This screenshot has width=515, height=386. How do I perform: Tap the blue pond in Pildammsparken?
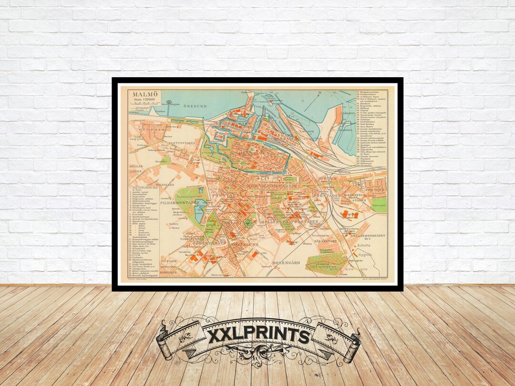tap(199, 210)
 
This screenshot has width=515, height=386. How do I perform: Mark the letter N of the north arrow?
tap(320, 93)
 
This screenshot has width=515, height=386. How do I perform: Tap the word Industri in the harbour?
tap(347, 113)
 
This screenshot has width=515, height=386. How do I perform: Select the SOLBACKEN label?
tap(165, 184)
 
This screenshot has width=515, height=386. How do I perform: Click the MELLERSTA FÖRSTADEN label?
tap(296, 222)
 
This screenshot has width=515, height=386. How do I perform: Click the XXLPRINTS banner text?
tap(258, 335)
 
